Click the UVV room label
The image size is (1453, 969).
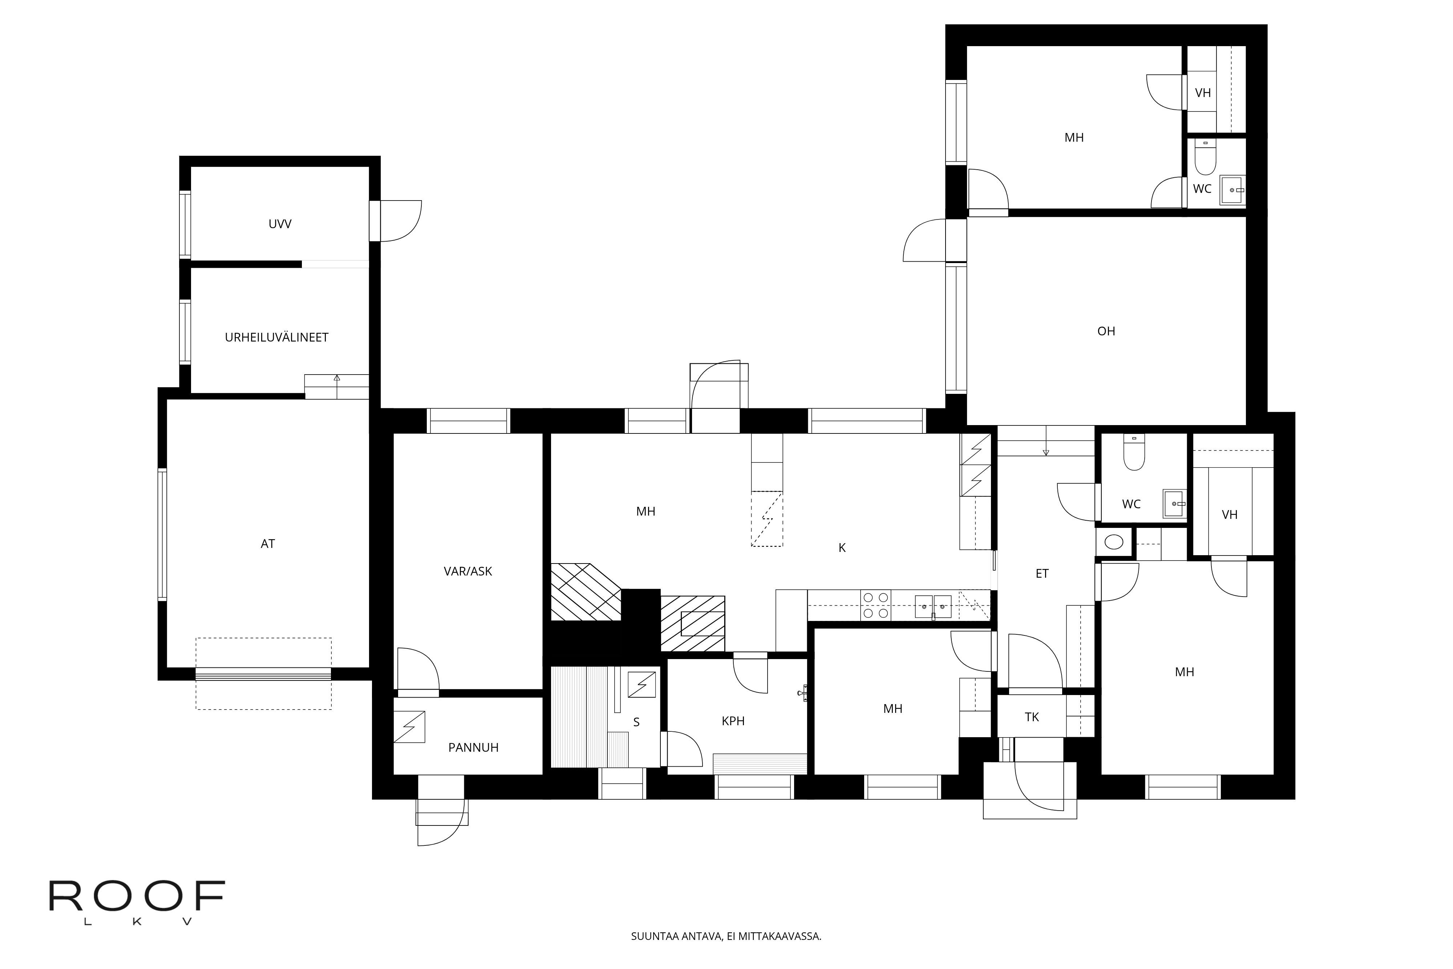point(280,224)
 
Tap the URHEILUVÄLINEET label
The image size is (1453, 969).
point(277,338)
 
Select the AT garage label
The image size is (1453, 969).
point(267,544)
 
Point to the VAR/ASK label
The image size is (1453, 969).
point(468,572)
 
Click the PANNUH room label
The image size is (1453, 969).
point(473,748)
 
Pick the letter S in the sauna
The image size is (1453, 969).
point(636,722)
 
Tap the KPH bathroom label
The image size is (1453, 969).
point(733,721)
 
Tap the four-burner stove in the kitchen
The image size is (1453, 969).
point(876,606)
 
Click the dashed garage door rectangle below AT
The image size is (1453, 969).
point(264,674)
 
